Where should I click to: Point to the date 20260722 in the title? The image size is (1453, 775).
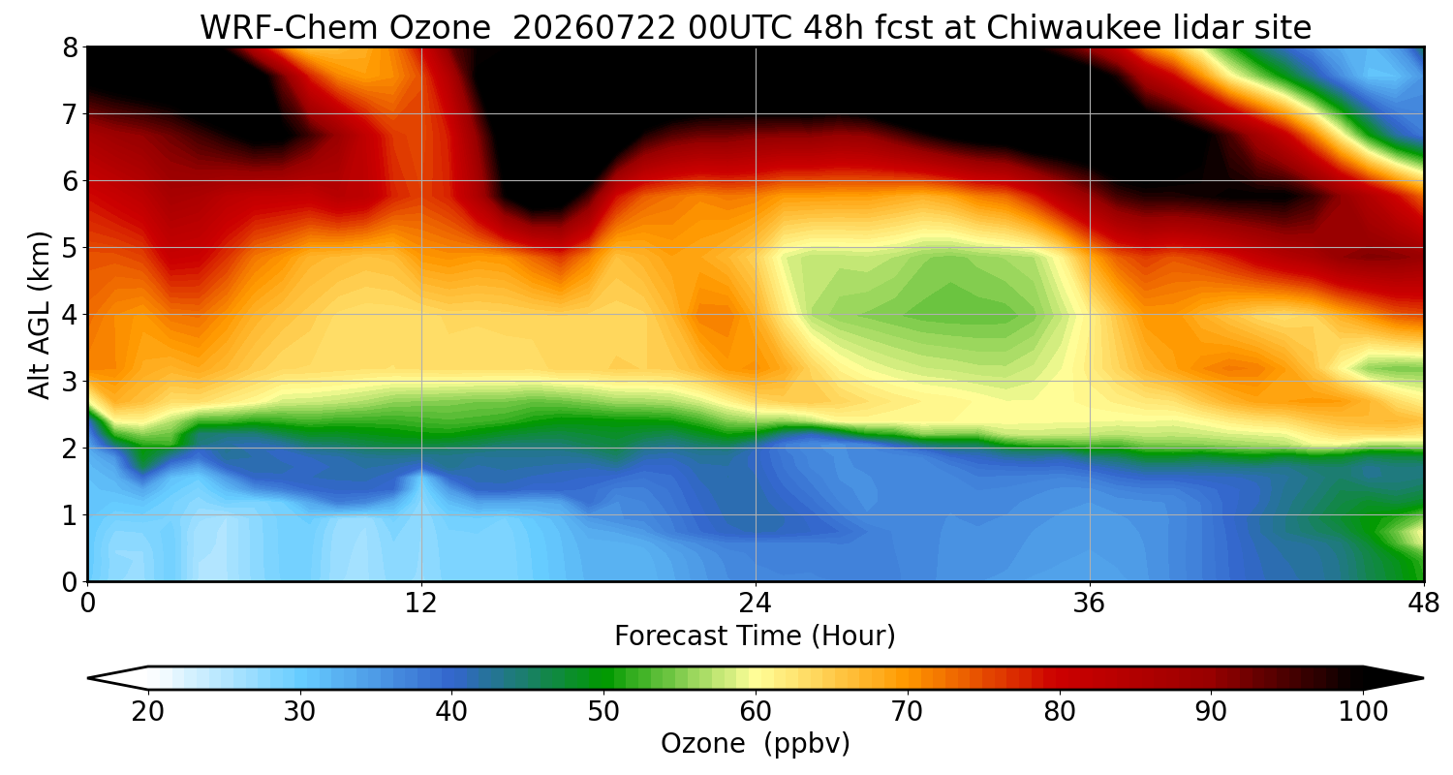594,28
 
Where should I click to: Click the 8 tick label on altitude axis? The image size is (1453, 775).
70,47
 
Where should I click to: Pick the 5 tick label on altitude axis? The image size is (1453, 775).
70,248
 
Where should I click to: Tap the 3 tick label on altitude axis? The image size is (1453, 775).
70,382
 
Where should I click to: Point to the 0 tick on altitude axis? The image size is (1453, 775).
70,582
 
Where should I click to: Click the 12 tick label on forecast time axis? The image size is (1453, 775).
421,604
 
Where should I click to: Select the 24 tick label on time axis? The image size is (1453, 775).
755,604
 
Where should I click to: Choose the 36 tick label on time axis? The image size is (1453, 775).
1089,604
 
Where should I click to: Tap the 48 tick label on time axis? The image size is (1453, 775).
1423,604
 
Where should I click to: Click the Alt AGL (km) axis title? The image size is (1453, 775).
39,315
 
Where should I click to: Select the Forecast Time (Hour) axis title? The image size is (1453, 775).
755,636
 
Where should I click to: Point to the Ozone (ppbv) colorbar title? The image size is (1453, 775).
755,743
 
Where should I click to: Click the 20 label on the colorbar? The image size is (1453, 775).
147,712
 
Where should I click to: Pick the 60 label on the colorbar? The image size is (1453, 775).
755,712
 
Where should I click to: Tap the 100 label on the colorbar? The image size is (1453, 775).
1363,712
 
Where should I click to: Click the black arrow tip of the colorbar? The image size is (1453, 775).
1423,678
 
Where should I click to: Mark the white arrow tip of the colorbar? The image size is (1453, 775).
88,678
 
